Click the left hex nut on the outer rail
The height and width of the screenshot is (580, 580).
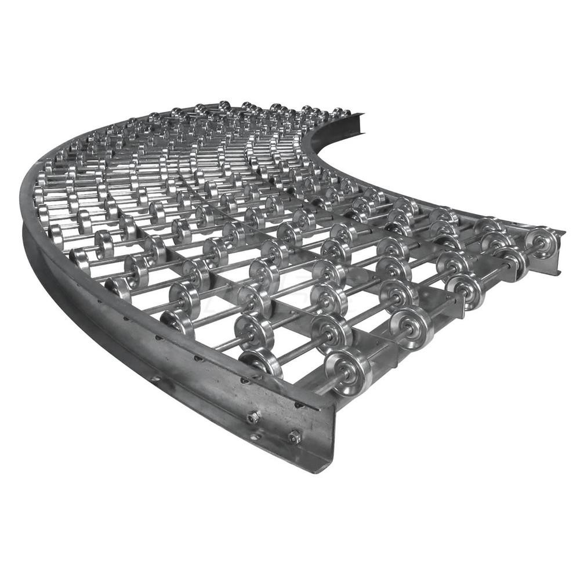coord(253,417)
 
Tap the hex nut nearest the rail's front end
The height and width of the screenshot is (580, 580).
coord(295,436)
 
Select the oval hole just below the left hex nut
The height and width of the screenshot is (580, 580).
coord(255,436)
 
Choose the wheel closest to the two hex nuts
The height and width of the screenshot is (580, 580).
coord(261,362)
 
